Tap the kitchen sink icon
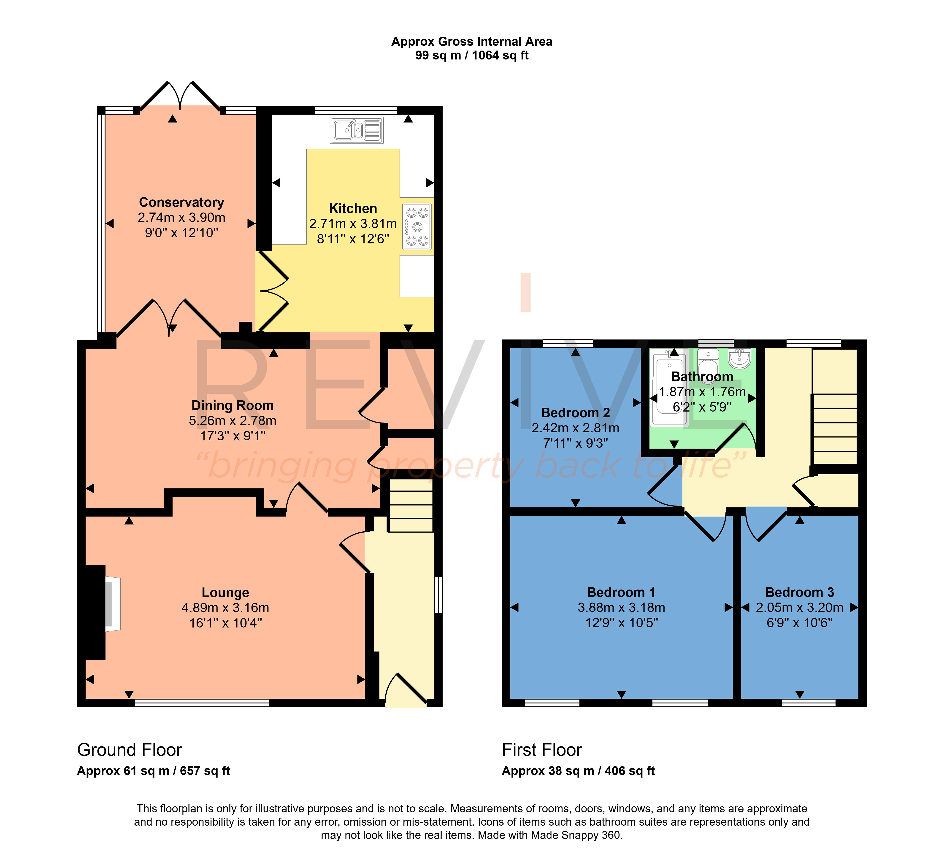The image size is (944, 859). tap(357, 130)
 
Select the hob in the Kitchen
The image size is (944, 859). tap(417, 226)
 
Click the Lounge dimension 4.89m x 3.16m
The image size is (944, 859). tap(225, 608)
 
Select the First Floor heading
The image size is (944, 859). tap(542, 750)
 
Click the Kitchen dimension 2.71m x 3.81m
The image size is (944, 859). tap(353, 224)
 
